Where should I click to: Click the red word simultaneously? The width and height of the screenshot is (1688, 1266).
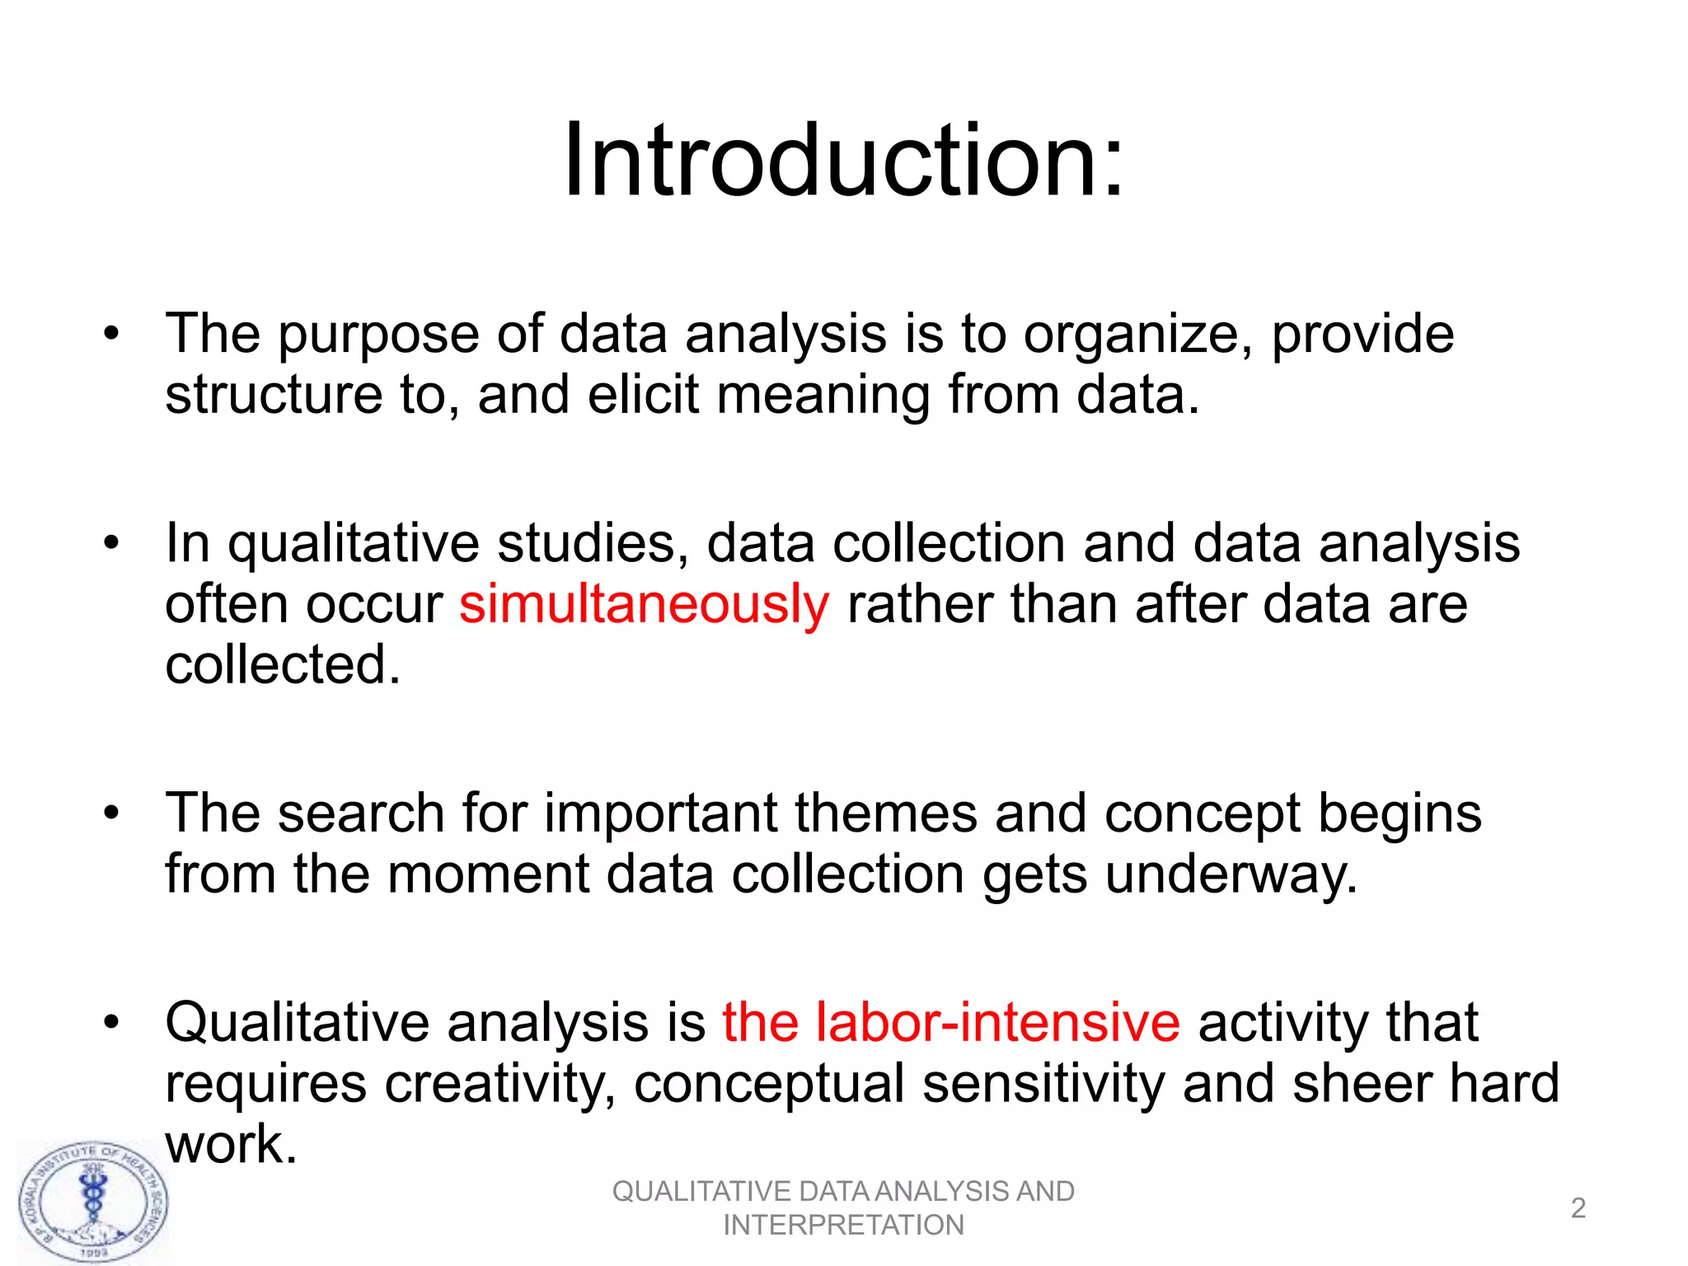click(x=644, y=604)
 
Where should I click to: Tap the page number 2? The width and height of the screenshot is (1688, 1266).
click(x=1578, y=1208)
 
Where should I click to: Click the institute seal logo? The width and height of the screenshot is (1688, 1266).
click(x=93, y=1203)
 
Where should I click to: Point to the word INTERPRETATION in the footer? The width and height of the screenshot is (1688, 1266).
click(x=843, y=1226)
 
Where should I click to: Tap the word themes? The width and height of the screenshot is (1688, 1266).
click(x=885, y=814)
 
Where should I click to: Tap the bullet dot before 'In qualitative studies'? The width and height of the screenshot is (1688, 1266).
click(x=112, y=543)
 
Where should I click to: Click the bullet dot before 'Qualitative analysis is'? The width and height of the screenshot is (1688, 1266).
click(x=112, y=1023)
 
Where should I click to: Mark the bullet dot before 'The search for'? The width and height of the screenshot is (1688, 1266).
click(x=112, y=814)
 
